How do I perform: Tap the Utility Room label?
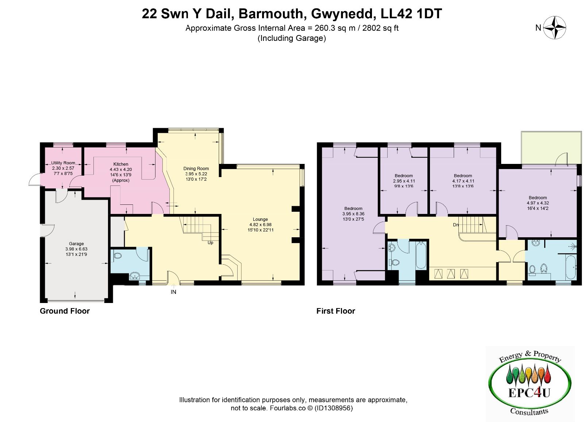(63, 163)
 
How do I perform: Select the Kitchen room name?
(121, 164)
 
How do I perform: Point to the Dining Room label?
(196, 169)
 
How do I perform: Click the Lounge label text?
(260, 219)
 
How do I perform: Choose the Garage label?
(76, 243)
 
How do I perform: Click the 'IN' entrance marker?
(173, 292)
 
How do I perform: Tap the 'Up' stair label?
(210, 243)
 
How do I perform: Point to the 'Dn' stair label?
(456, 225)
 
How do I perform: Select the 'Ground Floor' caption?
(65, 311)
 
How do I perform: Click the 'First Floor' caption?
(336, 311)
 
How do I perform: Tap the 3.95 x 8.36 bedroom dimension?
(353, 214)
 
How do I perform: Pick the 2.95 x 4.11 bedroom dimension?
(404, 181)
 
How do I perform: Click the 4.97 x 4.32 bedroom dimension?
(538, 203)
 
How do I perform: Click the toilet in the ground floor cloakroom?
(118, 255)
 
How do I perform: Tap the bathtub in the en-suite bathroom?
(571, 267)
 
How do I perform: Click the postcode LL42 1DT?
(411, 14)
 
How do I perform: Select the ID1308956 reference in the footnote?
(334, 408)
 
